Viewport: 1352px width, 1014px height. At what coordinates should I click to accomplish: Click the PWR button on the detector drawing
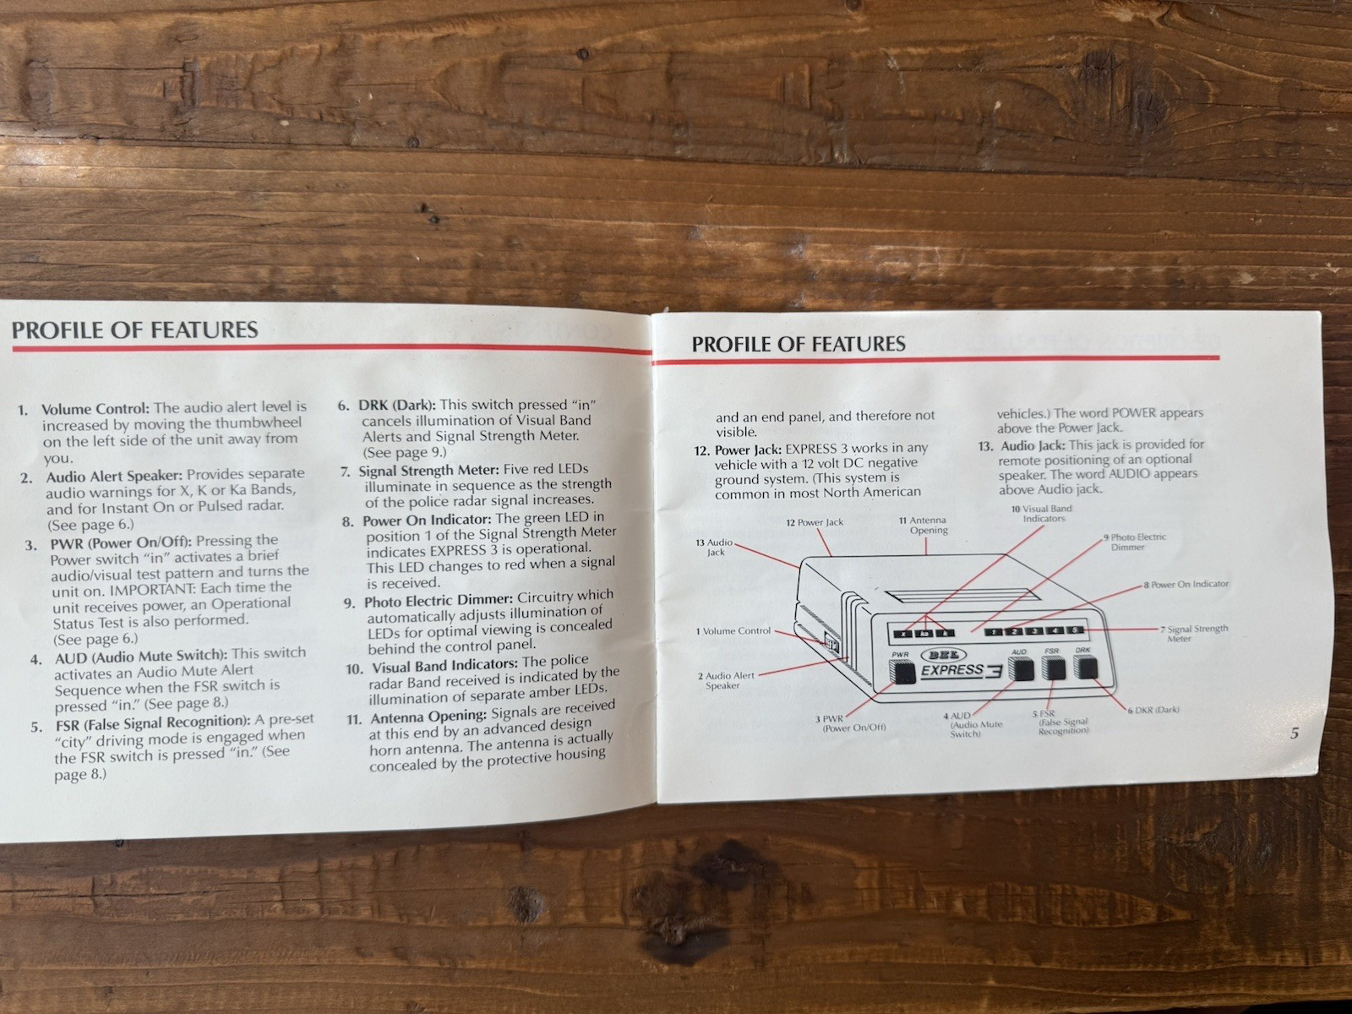903,672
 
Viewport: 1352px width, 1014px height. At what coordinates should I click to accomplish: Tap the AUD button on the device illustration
1020,668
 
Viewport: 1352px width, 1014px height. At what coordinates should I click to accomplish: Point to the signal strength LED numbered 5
1074,630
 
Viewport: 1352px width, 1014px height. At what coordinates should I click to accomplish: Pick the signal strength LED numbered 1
993,631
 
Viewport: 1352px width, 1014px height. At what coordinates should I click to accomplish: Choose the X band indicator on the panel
903,633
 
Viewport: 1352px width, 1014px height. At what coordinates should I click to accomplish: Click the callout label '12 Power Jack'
815,522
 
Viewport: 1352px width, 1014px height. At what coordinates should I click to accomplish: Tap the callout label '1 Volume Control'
733,631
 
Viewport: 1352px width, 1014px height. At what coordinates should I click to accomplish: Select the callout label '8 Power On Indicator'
1186,584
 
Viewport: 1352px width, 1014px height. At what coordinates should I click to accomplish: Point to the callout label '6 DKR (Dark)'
1153,710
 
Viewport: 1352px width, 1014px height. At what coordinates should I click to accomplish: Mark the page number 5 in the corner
1294,733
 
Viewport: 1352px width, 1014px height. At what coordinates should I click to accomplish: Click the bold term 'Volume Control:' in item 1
95,409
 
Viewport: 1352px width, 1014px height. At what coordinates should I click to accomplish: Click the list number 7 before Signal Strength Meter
346,472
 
